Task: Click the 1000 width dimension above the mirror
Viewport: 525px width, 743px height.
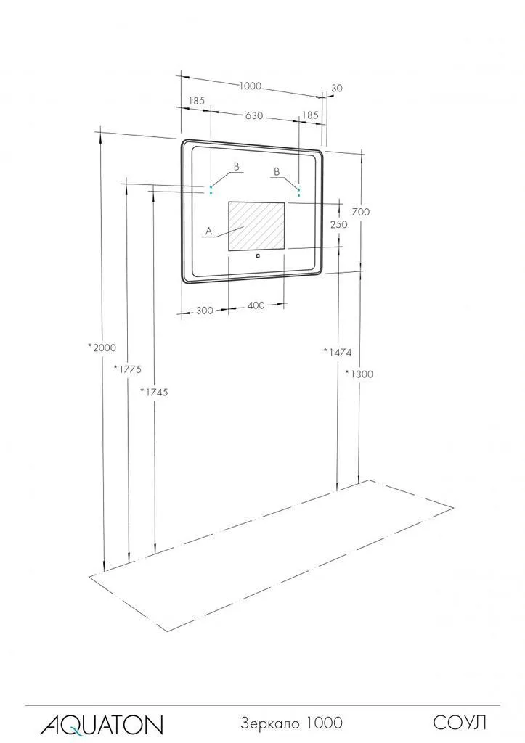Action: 250,86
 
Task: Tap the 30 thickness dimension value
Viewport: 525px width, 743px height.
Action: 337,88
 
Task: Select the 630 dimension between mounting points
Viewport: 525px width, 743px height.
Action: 254,115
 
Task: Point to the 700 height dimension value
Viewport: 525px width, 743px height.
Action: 361,212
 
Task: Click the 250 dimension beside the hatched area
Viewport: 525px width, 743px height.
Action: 338,224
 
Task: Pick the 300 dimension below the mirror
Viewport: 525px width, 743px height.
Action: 204,311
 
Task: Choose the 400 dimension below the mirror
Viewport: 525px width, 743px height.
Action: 256,305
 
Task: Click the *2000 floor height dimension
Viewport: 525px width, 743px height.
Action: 102,348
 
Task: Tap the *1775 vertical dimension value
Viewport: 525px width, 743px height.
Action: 128,369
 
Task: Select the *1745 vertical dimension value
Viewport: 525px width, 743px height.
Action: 154,392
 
